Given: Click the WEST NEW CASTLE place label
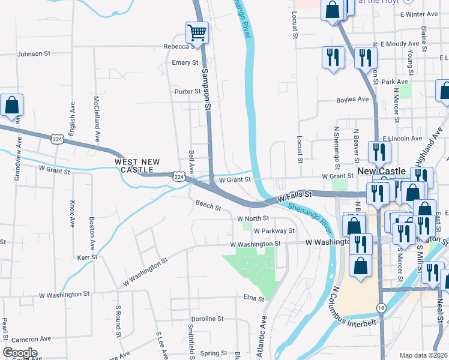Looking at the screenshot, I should [x=137, y=166].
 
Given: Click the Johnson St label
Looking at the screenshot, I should [x=34, y=53].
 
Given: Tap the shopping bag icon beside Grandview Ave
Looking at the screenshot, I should [x=11, y=106].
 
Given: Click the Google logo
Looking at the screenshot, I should [x=20, y=353].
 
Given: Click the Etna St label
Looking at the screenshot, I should [x=254, y=298].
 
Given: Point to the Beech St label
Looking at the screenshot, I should [x=208, y=205].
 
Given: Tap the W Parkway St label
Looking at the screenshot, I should [x=274, y=230].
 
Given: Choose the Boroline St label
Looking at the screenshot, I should [x=207, y=319].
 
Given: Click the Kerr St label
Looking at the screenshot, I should [x=87, y=257].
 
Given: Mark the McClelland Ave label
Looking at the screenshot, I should [x=96, y=119].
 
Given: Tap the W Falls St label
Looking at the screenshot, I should [x=295, y=196].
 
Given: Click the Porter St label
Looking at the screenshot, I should [x=187, y=91].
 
